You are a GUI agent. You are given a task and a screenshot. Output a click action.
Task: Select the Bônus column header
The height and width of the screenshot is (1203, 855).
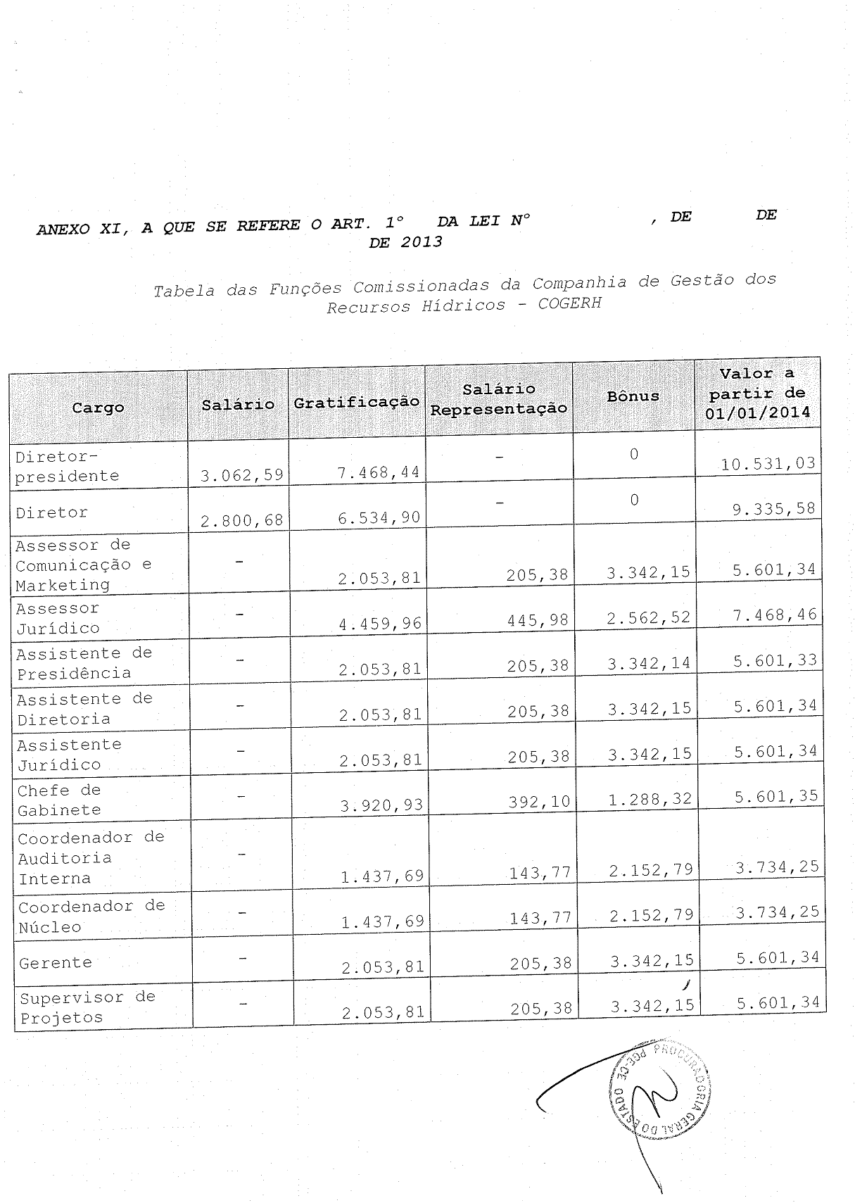point(633,396)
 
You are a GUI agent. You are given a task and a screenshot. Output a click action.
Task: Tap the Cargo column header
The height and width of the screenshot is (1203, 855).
point(98,408)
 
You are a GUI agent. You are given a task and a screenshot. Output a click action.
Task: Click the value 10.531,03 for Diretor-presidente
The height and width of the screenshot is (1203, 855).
point(768,463)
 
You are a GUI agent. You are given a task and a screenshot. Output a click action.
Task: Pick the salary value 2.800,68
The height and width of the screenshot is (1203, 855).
point(241,521)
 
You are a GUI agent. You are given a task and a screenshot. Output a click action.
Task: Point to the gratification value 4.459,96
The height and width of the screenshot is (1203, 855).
point(380,623)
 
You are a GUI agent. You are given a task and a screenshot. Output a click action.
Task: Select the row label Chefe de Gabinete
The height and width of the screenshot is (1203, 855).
point(59,800)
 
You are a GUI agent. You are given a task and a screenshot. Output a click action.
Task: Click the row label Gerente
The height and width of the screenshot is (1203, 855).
point(56,962)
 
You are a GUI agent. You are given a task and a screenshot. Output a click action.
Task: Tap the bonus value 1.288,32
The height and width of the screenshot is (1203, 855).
point(650,800)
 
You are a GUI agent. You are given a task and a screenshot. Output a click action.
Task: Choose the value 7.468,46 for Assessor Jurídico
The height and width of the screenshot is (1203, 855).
point(775,615)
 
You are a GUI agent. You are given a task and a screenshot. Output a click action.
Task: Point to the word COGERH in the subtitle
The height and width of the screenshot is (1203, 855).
point(569,305)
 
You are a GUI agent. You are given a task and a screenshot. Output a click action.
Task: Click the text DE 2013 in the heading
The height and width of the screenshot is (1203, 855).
point(406,242)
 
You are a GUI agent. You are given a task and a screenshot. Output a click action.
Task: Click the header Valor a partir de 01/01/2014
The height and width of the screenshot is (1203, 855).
point(757,393)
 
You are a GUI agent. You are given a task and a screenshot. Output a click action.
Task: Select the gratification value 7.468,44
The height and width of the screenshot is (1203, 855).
point(379,472)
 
